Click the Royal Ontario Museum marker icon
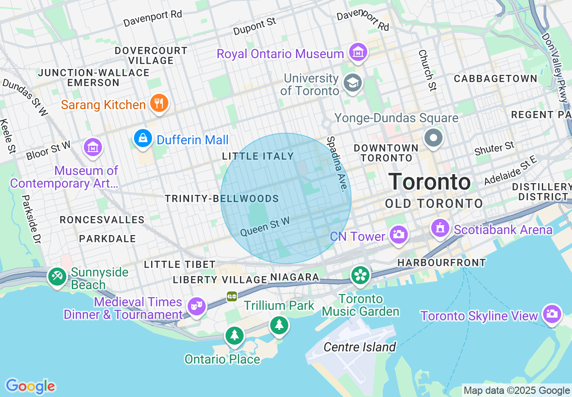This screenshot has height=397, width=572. (358, 53)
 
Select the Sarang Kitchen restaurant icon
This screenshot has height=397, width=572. (158, 104)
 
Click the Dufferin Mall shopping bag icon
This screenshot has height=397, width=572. (143, 138)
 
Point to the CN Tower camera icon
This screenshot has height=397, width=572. (398, 235)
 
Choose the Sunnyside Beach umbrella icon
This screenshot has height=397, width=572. (57, 277)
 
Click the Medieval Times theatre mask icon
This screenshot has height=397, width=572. (196, 306)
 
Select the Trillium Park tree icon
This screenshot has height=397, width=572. (279, 325)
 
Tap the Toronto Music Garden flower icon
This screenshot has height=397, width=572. (360, 275)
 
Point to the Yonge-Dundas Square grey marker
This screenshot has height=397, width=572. (434, 138)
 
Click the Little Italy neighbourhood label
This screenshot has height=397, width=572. (258, 156)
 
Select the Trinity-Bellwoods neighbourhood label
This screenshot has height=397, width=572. (221, 198)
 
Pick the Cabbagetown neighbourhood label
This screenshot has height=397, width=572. (495, 78)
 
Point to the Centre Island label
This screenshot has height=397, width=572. (360, 347)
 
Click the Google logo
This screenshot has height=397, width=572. (30, 386)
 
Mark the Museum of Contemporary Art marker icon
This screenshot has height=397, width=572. (93, 147)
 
